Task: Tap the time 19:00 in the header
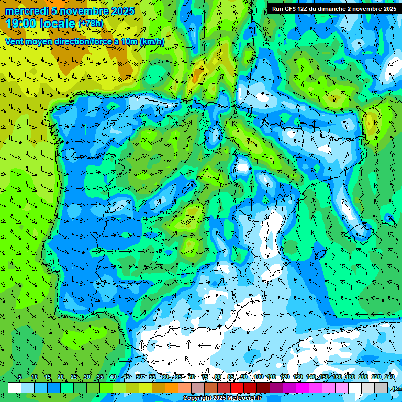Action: (x=21, y=24)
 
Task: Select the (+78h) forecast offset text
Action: (x=91, y=24)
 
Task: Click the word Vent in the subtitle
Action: (x=15, y=41)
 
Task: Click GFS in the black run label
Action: (x=292, y=9)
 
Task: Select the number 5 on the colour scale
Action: (x=20, y=377)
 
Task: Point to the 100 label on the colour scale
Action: (x=259, y=377)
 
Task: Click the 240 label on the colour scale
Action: (x=389, y=377)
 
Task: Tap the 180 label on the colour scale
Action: (x=350, y=377)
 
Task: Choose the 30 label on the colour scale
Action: (x=87, y=377)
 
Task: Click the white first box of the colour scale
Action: (x=15, y=387)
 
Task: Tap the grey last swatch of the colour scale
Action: (x=381, y=387)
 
